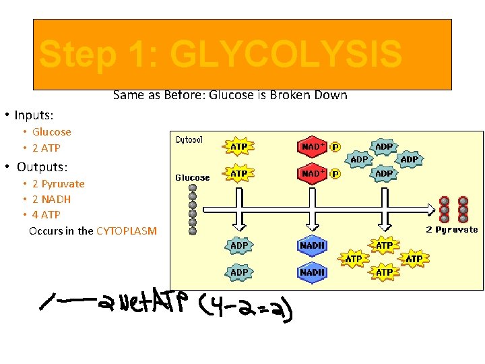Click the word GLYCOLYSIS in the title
tap(286, 55)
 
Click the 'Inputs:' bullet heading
tap(34, 115)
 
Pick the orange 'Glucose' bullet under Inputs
tap(52, 132)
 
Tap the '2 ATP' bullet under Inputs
tap(46, 148)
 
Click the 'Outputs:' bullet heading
tap(42, 166)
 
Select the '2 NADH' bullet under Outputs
tap(51, 200)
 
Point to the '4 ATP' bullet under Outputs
tap(46, 215)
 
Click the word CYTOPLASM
tap(127, 231)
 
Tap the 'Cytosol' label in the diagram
tap(189, 140)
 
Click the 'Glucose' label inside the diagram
tap(193, 178)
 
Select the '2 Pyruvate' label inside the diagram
tap(452, 230)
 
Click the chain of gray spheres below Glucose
tap(193, 208)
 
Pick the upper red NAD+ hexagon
tap(313, 147)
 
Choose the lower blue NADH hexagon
tap(313, 273)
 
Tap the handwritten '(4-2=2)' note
tap(246, 311)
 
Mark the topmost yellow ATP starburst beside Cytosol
tap(239, 147)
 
